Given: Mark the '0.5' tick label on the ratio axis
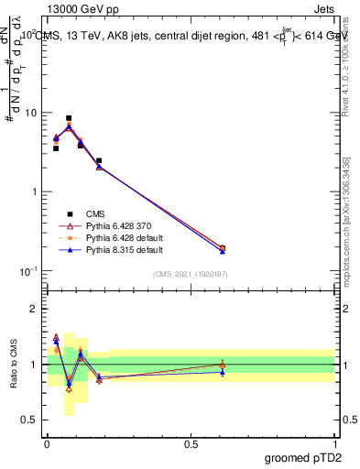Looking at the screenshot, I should pyautogui.click(x=29, y=420).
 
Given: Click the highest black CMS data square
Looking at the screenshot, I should pyautogui.click(x=69, y=118).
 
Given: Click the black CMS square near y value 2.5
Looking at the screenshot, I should pyautogui.click(x=99, y=160).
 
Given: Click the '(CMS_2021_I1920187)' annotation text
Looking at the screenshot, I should pyautogui.click(x=191, y=274).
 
